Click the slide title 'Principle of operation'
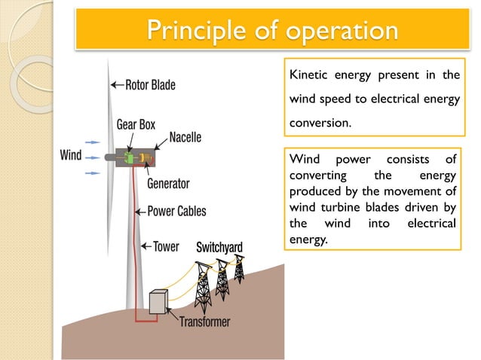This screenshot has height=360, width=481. tap(272, 32)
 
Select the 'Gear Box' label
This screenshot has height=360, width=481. tap(136, 124)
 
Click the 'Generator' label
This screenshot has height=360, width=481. tap(168, 183)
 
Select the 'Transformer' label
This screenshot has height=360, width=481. tap(204, 322)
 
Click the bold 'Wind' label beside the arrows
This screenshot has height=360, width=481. tap(70, 157)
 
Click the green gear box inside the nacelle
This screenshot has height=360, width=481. tap(129, 158)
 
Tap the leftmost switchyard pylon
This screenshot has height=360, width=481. tap(203, 285)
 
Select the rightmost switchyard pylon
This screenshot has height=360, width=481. tap(239, 267)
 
